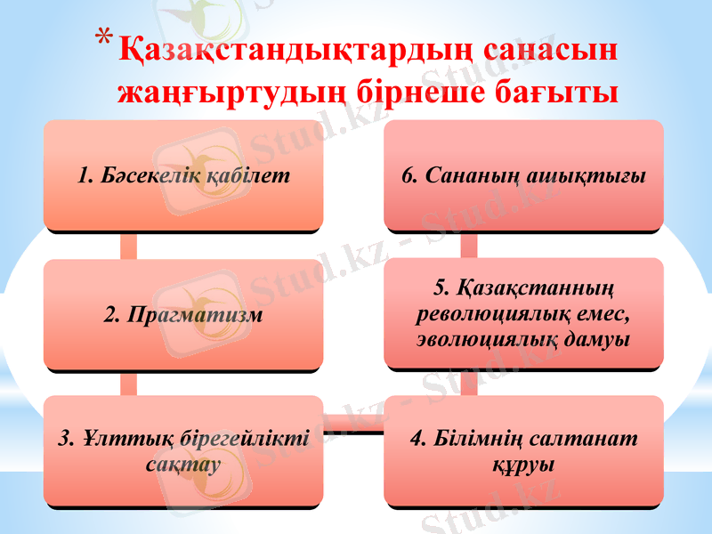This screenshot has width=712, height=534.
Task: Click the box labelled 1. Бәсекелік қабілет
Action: (x=183, y=175)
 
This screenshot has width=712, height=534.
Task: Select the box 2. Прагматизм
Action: (x=183, y=314)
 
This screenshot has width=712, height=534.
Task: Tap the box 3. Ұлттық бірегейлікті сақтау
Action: (x=183, y=451)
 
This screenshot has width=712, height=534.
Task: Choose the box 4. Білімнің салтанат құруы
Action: (x=523, y=451)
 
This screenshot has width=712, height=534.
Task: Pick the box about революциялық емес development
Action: (x=523, y=314)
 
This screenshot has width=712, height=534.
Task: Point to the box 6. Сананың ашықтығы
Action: (x=523, y=175)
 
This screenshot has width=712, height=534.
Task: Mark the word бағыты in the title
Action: (x=561, y=91)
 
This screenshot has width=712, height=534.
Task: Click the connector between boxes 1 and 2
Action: (x=129, y=245)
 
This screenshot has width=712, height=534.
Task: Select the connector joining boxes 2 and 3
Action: (x=129, y=383)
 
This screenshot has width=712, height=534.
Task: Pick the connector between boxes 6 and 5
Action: (x=469, y=245)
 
